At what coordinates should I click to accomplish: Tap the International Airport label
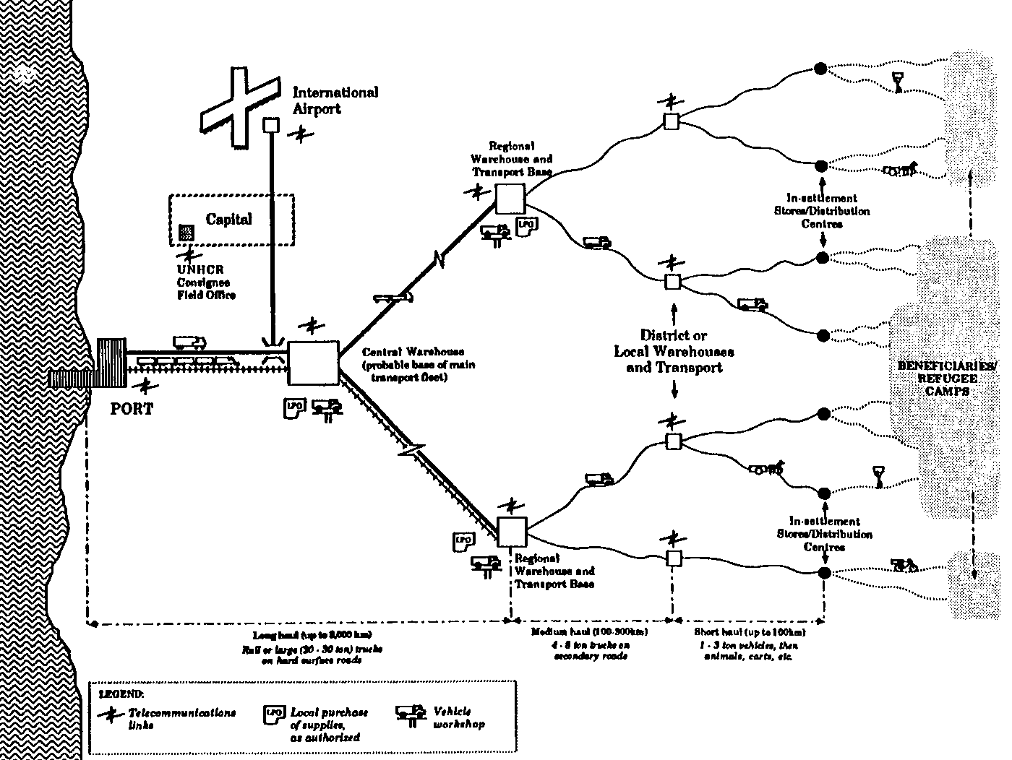[335, 100]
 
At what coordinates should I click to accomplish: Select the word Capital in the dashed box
[229, 219]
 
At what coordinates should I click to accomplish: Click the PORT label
[132, 409]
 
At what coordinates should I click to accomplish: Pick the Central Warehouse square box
[313, 363]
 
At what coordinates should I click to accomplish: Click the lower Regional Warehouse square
[513, 533]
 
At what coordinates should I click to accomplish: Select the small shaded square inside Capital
[186, 232]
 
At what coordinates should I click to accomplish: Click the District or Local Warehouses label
[674, 351]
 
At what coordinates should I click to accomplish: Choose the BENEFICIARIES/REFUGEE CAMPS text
[947, 378]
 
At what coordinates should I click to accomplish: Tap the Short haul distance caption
[745, 644]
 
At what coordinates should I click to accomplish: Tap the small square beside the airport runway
[270, 124]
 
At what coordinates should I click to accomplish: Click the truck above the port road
[189, 341]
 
